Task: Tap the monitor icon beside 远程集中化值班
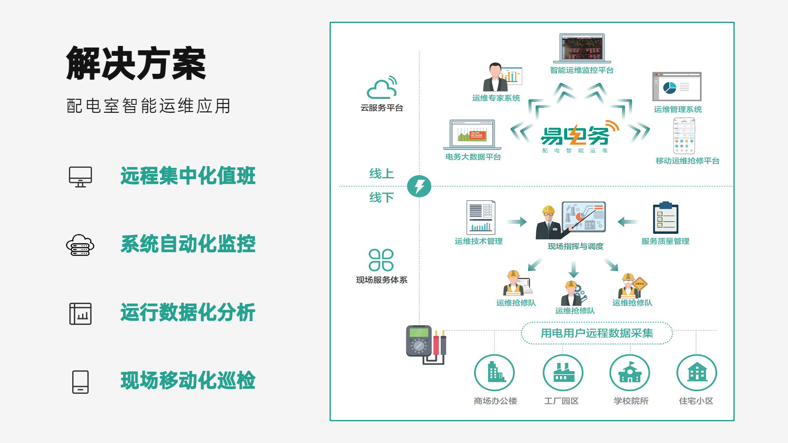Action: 80,177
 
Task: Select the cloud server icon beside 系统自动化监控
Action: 80,245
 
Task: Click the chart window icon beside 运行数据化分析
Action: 80,313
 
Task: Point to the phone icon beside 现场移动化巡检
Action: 80,382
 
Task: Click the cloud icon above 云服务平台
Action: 382,87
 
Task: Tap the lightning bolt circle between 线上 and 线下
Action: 419,186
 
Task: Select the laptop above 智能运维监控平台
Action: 582,48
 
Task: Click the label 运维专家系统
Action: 496,98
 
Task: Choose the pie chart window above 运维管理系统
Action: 677,87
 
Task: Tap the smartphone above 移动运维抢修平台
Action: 684,136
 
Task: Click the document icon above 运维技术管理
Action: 481,217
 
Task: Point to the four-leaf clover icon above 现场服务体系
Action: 381,260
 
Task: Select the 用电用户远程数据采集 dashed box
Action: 597,333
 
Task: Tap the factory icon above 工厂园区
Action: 563,373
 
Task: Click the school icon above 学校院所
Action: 630,373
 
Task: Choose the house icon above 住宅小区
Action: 696,373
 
